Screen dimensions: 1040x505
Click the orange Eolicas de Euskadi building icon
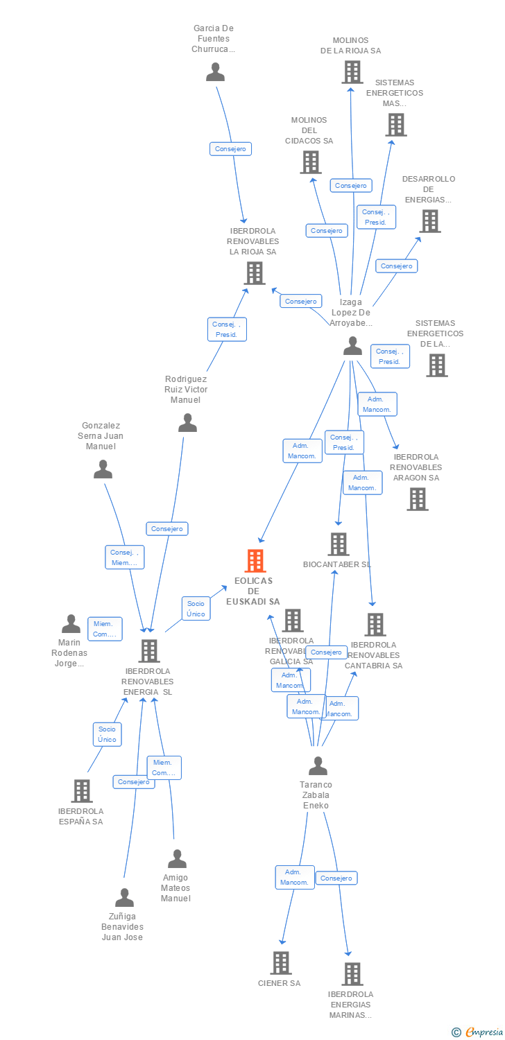pos(255,560)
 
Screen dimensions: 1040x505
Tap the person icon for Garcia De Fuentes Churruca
pos(215,72)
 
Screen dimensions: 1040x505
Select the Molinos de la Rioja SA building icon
pos(352,72)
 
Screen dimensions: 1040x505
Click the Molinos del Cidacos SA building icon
pos(310,162)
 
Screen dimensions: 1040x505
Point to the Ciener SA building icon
pos(280,962)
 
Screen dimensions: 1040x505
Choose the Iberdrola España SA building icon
pos(82,791)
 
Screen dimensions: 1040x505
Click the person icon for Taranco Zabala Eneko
pos(318,766)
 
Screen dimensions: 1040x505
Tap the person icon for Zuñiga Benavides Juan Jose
pos(124,898)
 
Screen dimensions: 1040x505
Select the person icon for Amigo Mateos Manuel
pos(177,859)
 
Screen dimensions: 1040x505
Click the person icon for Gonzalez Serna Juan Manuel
pos(103,469)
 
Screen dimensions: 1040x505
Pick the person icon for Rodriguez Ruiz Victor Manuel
pos(187,423)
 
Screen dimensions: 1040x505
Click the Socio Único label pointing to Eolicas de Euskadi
pos(196,609)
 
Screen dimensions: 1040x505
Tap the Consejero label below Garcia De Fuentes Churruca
pos(230,148)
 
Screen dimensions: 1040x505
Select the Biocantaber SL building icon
pos(338,544)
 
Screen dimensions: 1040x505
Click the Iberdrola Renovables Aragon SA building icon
pos(417,499)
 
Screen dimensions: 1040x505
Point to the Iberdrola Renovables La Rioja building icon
pos(255,273)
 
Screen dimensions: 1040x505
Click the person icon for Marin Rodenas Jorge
pos(71,624)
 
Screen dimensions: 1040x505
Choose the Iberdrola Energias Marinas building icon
pos(352,973)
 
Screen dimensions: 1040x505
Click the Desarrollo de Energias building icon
pos(430,221)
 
